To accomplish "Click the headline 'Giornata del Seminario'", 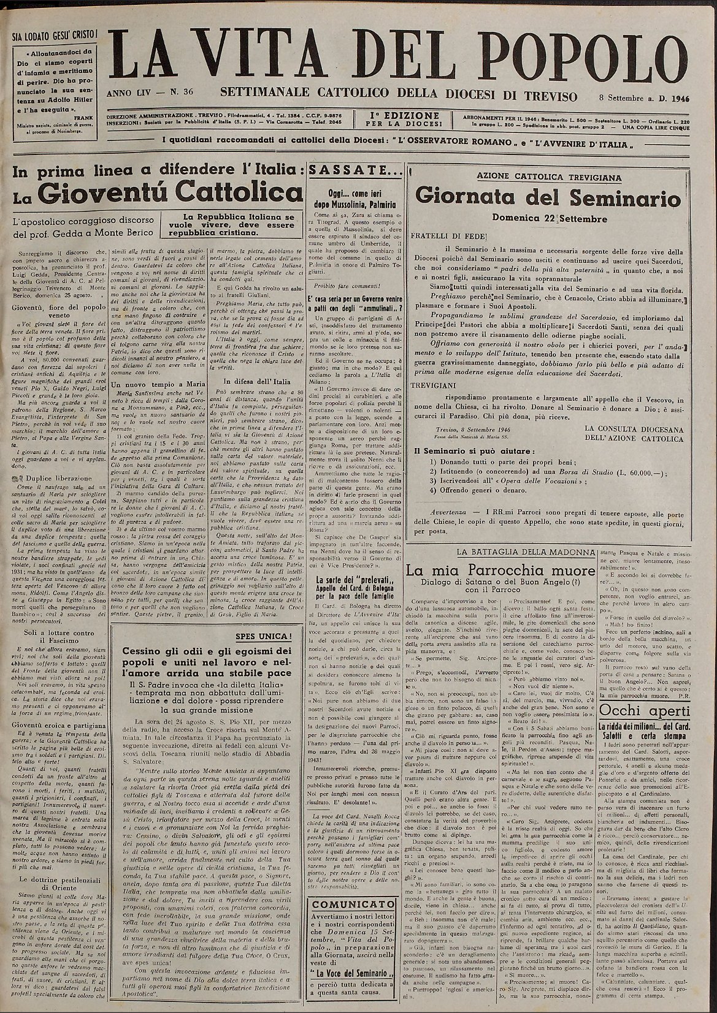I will pyautogui.click(x=548, y=198).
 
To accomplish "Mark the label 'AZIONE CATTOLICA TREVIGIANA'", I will pyautogui.click(x=548, y=177).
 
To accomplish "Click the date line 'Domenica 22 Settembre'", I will pyautogui.click(x=548, y=218).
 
